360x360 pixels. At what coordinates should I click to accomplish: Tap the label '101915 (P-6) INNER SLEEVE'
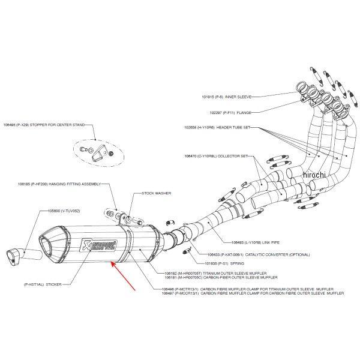pos(226,96)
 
